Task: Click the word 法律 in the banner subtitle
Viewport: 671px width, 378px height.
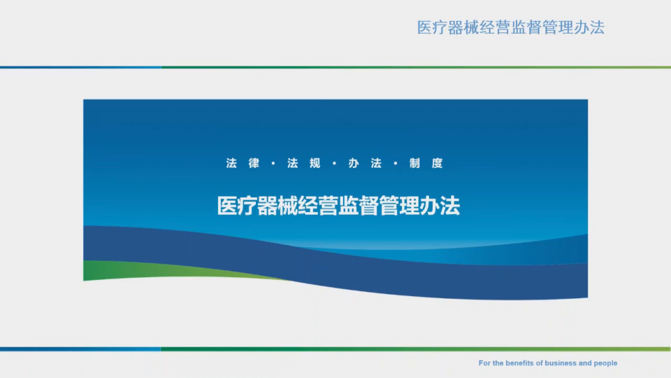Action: [x=243, y=163]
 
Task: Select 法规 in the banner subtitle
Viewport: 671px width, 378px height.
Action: [x=304, y=163]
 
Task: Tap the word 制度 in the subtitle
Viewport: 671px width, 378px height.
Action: [x=426, y=163]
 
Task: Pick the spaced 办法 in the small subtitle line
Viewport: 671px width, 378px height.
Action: [x=365, y=163]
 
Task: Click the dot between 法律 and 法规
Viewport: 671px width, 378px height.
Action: [x=273, y=163]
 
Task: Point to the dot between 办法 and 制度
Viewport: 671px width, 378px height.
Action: [x=396, y=163]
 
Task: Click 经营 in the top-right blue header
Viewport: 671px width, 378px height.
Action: [x=495, y=27]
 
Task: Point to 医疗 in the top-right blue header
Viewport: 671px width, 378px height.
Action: [x=433, y=27]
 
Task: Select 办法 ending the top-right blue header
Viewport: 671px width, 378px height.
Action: [x=589, y=27]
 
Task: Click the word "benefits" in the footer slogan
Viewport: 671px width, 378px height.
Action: [x=519, y=363]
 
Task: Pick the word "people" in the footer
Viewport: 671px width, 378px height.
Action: [x=605, y=363]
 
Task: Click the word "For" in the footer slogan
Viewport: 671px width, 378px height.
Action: [x=484, y=363]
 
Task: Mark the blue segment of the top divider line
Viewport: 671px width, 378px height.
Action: [x=80, y=67]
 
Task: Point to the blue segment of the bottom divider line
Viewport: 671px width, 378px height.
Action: [x=80, y=349]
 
